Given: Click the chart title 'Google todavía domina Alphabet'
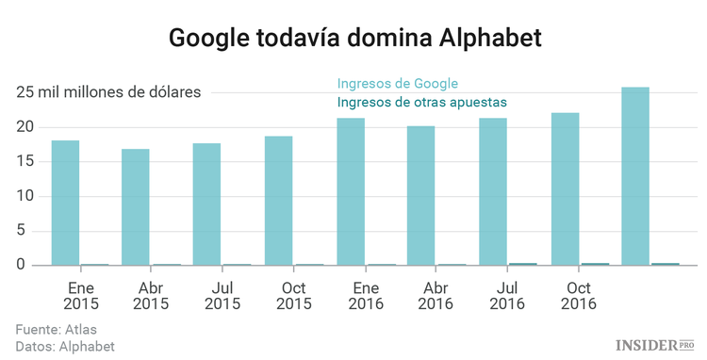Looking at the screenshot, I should coord(353,39).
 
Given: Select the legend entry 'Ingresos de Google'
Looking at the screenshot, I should coord(410,83).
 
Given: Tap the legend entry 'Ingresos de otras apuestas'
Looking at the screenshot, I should coord(422,101).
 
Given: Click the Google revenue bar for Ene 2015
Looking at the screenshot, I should coord(65,203).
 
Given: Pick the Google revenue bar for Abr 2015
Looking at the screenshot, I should coord(136,206).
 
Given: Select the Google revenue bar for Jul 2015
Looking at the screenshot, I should coord(206,204).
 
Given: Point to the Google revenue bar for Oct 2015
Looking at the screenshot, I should coord(278,201).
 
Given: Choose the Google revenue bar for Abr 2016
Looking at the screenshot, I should coord(421,195).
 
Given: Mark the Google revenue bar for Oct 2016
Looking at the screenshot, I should coord(565,188).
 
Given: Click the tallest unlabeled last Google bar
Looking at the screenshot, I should coord(635,176).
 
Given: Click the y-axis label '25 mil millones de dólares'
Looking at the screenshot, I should coord(108,92).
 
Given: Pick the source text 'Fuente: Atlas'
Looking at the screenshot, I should coord(57,330).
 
